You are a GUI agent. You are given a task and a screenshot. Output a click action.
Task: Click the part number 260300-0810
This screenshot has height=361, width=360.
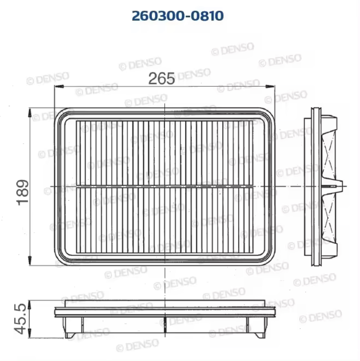coord(178,16)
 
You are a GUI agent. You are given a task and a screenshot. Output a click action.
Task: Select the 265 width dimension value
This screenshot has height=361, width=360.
coord(161,78)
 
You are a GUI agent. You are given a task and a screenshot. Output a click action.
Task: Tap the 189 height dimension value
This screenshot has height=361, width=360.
coord(22,192)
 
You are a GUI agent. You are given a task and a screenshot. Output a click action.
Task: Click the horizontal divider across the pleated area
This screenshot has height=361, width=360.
coord(165,186)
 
